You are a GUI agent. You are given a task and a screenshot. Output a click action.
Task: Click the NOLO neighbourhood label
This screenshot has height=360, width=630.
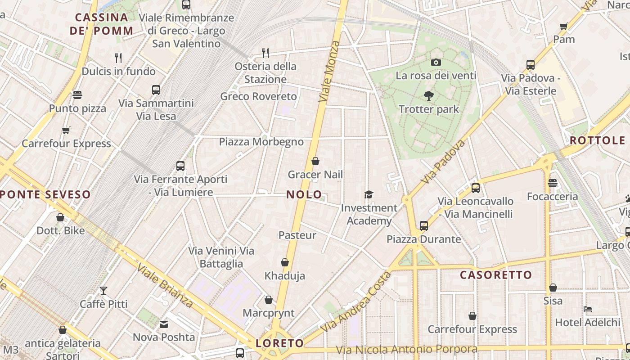304,195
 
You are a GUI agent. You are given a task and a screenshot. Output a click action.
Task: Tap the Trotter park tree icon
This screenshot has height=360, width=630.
428,95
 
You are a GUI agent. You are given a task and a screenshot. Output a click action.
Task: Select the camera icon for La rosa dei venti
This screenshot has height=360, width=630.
436,62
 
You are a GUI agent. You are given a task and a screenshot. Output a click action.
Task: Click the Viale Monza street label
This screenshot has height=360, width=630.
329,71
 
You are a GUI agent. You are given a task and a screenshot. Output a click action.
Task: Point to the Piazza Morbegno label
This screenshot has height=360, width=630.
261,142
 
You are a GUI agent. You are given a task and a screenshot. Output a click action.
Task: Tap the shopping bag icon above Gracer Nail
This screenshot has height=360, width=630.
315,161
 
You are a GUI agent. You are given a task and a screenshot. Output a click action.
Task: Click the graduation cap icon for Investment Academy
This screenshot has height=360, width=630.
369,194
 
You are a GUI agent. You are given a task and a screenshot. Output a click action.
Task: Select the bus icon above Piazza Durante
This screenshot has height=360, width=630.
423,225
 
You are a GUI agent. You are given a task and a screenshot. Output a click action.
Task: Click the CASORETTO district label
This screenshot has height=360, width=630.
496,274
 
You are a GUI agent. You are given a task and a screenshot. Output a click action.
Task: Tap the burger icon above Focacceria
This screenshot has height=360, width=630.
553,183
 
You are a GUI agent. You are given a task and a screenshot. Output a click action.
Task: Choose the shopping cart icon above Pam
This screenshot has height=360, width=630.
563,26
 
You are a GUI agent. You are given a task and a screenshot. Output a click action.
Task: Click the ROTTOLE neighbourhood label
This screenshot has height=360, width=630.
598,140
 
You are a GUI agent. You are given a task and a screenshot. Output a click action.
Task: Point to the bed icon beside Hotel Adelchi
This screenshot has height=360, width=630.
588,309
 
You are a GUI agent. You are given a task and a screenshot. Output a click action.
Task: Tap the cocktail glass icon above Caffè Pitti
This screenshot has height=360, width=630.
103,290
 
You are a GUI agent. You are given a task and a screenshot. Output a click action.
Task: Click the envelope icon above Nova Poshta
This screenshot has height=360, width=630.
164,324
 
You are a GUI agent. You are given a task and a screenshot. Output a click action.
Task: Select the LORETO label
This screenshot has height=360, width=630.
280,343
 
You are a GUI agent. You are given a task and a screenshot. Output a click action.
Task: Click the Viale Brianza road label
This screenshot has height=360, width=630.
166,286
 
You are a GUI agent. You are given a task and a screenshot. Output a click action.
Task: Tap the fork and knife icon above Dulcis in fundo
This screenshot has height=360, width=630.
118,58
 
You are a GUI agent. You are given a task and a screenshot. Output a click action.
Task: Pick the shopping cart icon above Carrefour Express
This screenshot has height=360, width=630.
66,130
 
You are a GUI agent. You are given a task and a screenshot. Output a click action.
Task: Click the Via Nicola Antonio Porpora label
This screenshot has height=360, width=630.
407,349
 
